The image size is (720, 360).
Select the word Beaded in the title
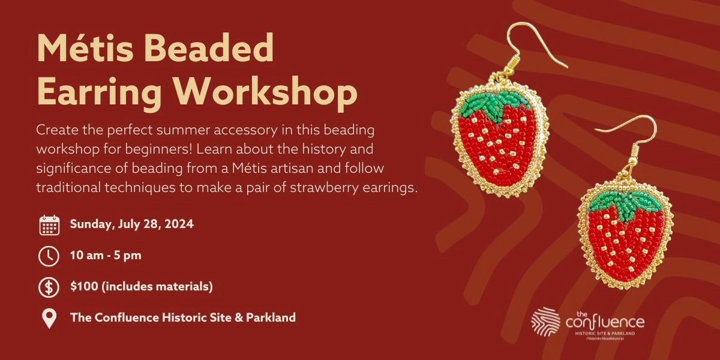[216, 49]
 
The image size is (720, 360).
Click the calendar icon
[49, 225]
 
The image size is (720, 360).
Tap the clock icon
[49, 256]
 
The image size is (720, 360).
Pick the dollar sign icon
[49, 287]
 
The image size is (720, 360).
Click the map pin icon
[49, 318]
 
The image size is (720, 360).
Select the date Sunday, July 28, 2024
[131, 224]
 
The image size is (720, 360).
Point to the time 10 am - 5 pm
[106, 256]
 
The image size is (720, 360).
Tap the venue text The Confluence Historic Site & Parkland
[183, 317]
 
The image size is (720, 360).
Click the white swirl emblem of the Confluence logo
[545, 322]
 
